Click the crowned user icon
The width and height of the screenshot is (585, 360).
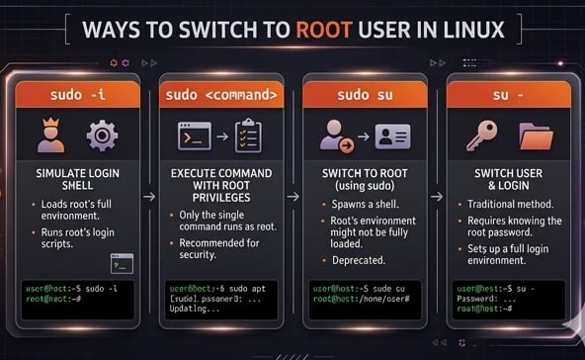pos(52,135)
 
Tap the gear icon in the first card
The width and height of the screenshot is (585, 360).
pos(102,135)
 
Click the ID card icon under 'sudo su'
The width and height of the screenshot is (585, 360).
pos(389,136)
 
